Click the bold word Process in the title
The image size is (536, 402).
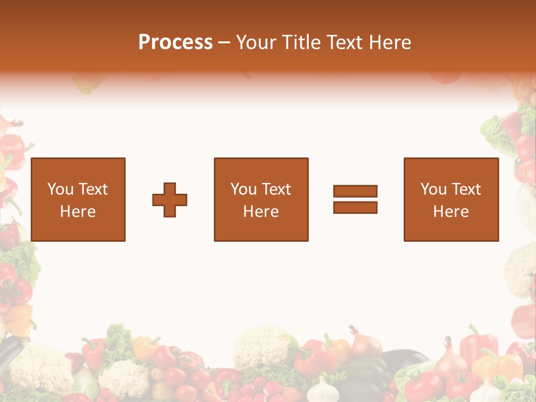[x=175, y=42]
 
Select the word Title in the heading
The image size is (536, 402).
[x=301, y=42]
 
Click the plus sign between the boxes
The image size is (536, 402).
[x=170, y=200]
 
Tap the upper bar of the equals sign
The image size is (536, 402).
[x=355, y=191]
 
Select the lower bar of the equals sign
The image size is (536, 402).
[x=355, y=208]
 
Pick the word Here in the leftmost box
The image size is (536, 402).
[x=78, y=212]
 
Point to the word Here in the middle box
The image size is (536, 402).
[x=261, y=212]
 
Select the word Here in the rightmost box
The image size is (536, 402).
[x=451, y=212]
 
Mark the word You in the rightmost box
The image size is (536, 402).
[x=433, y=189]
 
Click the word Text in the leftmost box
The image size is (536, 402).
[x=93, y=189]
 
